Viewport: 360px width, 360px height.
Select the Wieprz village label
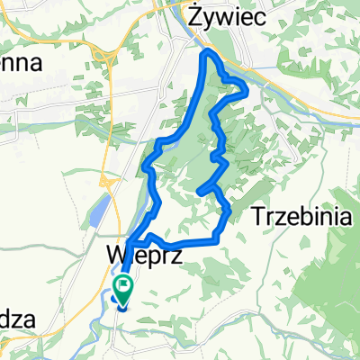click(145, 255)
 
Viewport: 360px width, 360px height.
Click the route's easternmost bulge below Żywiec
click(244, 88)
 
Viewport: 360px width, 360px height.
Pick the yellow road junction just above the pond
click(105, 184)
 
